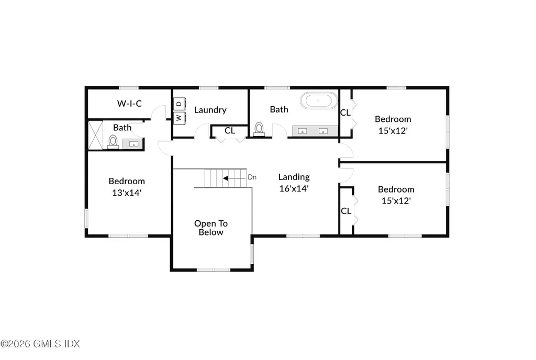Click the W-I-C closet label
129,104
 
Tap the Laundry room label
210,110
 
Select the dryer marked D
179,104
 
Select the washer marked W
179,118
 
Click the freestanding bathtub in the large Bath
318,101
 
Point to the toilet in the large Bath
259,129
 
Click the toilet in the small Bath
113,142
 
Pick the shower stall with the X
96,135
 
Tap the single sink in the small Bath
133,144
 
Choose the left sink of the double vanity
303,131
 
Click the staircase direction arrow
234,178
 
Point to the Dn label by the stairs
252,177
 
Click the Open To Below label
211,228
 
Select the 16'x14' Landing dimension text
294,188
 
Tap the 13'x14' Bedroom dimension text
127,193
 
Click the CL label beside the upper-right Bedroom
345,113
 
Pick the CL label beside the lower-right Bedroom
346,211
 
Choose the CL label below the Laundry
230,131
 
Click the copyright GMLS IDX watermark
40,344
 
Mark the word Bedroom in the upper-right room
393,119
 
